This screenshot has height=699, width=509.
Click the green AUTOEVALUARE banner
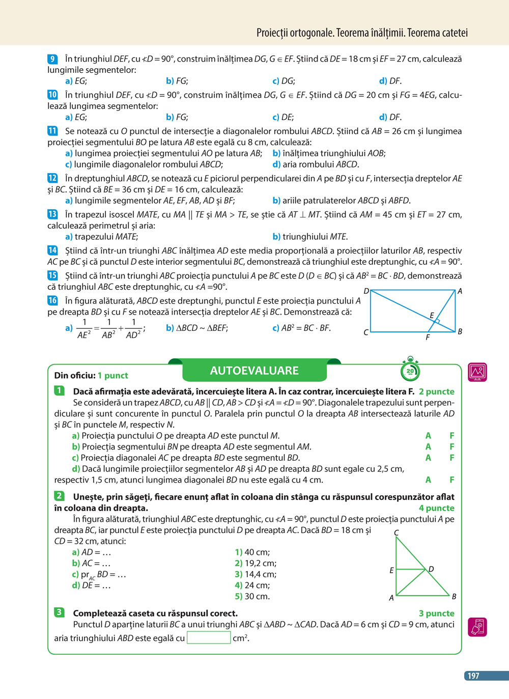[x=254, y=371]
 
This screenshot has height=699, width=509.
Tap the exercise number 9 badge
[x=52, y=59]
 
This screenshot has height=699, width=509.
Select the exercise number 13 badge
[x=52, y=214]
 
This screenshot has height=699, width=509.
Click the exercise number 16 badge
[x=52, y=300]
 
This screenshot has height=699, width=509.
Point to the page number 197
[x=473, y=676]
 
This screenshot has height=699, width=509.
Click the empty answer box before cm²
[x=209, y=637]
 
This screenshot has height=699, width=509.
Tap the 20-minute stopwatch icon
[x=410, y=370]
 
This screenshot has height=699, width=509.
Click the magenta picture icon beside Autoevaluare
[x=477, y=372]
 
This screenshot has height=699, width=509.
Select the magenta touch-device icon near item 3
[x=477, y=627]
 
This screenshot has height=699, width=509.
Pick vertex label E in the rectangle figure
[x=432, y=316]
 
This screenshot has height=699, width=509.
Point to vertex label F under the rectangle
[x=428, y=337]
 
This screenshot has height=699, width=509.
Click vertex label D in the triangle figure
[x=431, y=569]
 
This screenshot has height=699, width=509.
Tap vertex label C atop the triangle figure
[x=397, y=533]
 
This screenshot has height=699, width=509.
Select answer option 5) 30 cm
[x=252, y=596]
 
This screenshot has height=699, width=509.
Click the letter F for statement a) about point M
[x=451, y=436]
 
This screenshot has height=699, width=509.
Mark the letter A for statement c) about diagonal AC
[x=428, y=458]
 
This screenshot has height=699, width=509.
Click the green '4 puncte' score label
[x=436, y=508]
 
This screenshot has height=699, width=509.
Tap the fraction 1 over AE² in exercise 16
[x=84, y=328]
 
